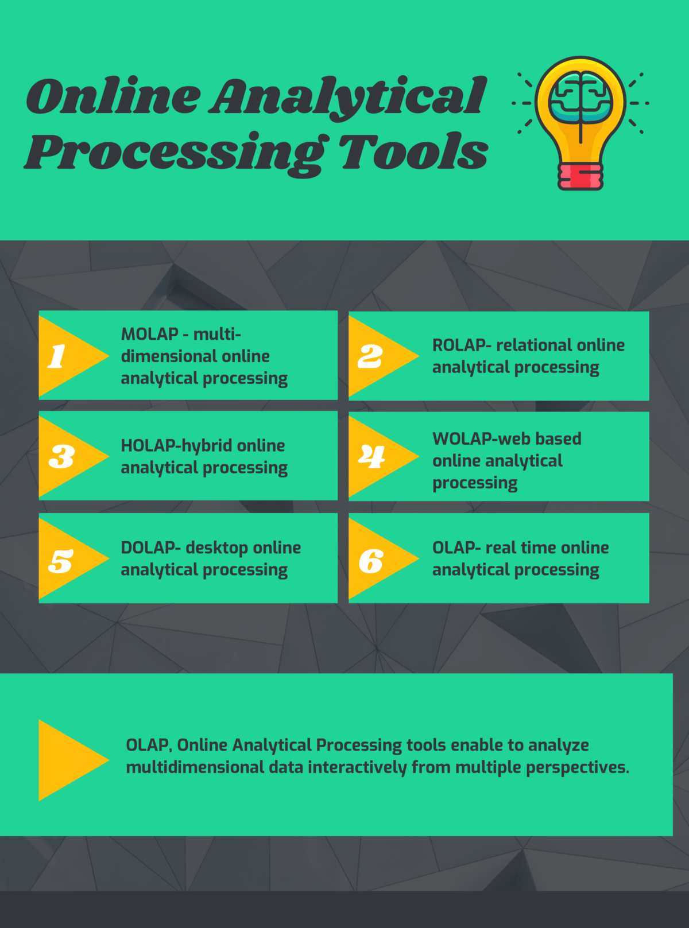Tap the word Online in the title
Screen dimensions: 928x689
pyautogui.click(x=113, y=96)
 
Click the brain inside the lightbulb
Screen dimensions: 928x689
pyautogui.click(x=580, y=97)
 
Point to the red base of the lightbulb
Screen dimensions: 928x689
pyautogui.click(x=580, y=176)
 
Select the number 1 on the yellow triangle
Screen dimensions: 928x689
pyautogui.click(x=57, y=356)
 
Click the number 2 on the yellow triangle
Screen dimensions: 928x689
pyautogui.click(x=370, y=356)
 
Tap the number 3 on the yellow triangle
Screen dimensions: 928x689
pyautogui.click(x=61, y=457)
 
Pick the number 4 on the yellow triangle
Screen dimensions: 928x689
pyautogui.click(x=372, y=457)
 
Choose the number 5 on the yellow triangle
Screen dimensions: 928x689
pyautogui.click(x=60, y=561)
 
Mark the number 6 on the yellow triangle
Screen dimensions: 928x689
pyautogui.click(x=371, y=561)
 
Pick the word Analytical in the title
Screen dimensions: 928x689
pyautogui.click(x=348, y=96)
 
